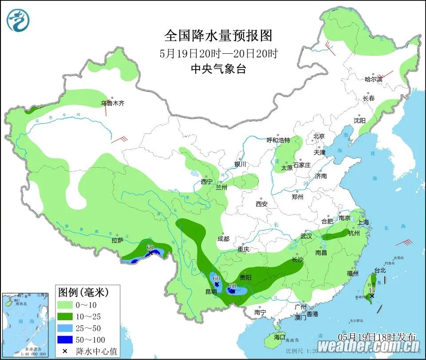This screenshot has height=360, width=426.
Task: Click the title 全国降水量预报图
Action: pyautogui.click(x=218, y=35)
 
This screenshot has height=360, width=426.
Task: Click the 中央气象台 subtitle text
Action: pyautogui.click(x=218, y=69)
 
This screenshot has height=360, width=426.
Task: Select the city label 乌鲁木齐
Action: pyautogui.click(x=112, y=103)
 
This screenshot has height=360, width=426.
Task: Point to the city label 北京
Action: pyautogui.click(x=319, y=137)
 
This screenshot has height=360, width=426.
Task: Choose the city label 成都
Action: pyautogui.click(x=224, y=239)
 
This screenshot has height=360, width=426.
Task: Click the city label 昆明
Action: pyautogui.click(x=211, y=292)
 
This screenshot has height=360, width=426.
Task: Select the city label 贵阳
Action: pyautogui.click(x=245, y=278)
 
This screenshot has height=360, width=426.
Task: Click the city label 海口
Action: pyautogui.click(x=280, y=337)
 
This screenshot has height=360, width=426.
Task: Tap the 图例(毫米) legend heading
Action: pyautogui.click(x=83, y=292)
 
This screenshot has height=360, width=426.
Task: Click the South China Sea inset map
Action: pyautogui.click(x=25, y=325)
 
